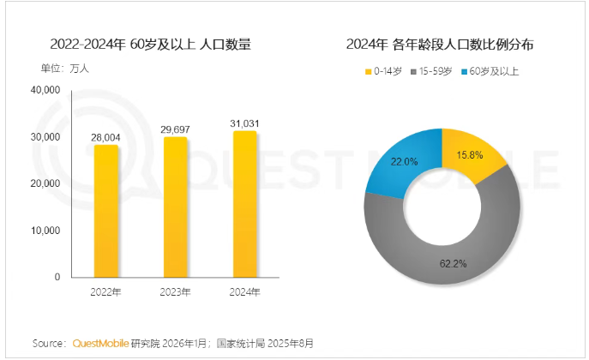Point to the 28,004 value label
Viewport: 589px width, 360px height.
(x=106, y=136)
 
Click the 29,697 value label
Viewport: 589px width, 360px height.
(x=175, y=129)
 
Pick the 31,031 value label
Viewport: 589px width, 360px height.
(x=244, y=123)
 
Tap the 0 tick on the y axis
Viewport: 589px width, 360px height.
(x=56, y=278)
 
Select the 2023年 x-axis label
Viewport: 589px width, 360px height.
(x=175, y=291)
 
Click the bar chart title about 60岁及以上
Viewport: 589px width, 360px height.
(x=150, y=45)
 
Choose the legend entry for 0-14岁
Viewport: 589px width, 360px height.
(x=383, y=71)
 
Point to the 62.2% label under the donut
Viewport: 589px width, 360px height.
(x=453, y=263)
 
